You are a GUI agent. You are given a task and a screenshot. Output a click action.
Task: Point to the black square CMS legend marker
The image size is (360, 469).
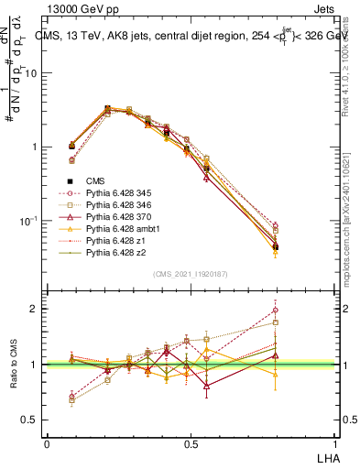(x=70, y=182)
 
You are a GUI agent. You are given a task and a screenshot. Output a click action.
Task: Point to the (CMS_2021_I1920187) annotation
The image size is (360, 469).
(x=191, y=274)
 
